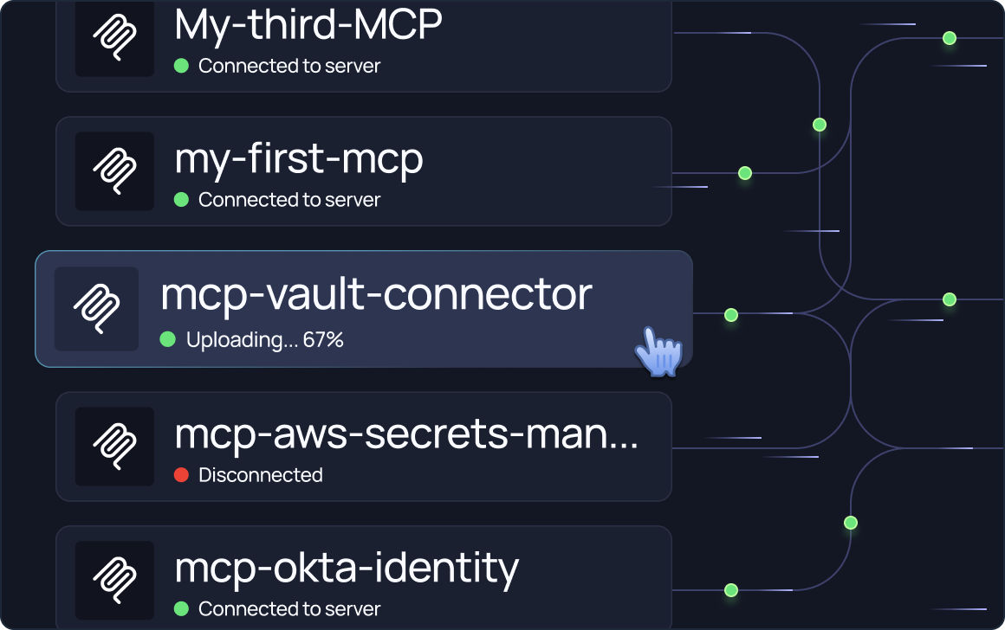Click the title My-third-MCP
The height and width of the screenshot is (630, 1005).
pos(308,26)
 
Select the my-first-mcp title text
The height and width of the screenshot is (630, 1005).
pos(299,160)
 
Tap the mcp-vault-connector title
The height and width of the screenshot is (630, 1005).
pos(376,295)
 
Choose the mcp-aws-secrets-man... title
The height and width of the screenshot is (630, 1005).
pos(406,434)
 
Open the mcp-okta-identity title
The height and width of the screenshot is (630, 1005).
pos(347,569)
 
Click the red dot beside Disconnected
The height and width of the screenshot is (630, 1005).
pos(181,475)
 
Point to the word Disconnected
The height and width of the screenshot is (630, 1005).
pos(260,475)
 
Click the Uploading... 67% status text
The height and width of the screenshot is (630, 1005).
pos(264,340)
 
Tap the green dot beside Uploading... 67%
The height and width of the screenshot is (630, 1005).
pos(168,340)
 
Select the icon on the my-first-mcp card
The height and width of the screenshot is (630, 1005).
pos(114,171)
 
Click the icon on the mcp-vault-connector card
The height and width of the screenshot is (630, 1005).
pos(96,309)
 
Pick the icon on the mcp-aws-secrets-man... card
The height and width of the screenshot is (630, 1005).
pos(114,447)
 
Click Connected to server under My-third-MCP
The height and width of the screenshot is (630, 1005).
pos(289,66)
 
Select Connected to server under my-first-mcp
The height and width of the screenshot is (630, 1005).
pos(289,200)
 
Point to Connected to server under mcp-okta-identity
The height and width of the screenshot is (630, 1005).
pos(289,609)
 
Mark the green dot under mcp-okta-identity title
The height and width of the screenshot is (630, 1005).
pos(181,609)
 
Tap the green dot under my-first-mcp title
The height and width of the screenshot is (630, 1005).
pos(181,200)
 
